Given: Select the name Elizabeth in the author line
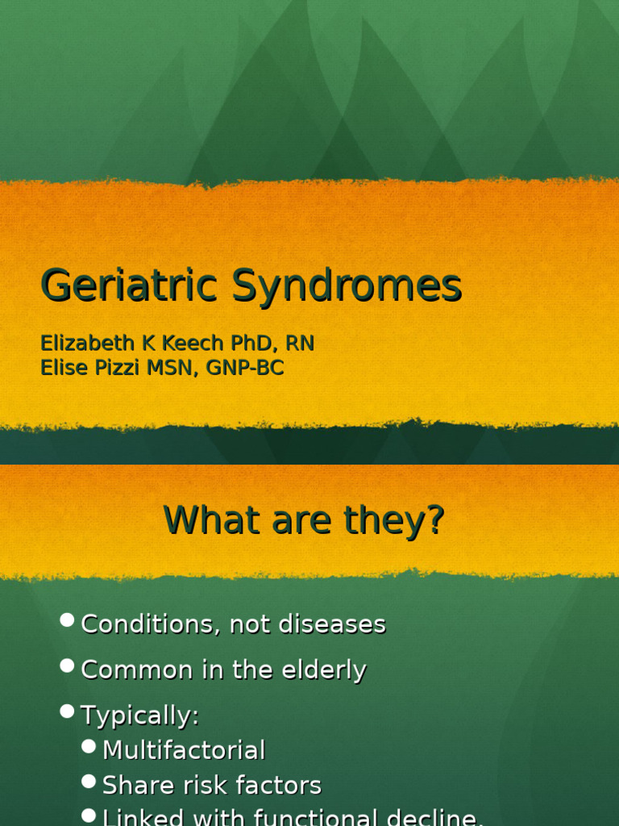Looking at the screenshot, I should click(89, 344).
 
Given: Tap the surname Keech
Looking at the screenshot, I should click(197, 344).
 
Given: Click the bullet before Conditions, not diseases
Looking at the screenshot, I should click(68, 620).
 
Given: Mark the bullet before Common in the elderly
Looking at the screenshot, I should click(68, 666).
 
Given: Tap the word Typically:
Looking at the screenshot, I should click(140, 716).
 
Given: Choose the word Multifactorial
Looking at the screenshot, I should click(184, 751).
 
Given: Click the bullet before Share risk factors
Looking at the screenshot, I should click(89, 782).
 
